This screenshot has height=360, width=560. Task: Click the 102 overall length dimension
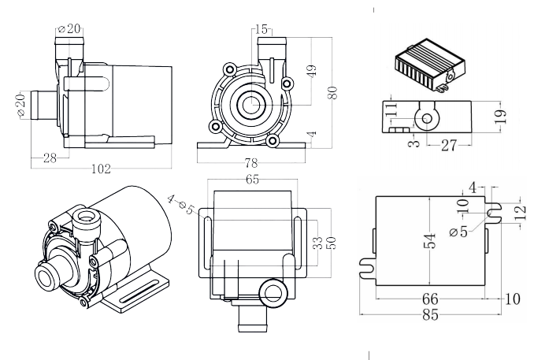(101, 169)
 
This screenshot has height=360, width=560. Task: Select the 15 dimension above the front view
(262, 29)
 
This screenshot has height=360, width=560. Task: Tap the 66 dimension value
(430, 299)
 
